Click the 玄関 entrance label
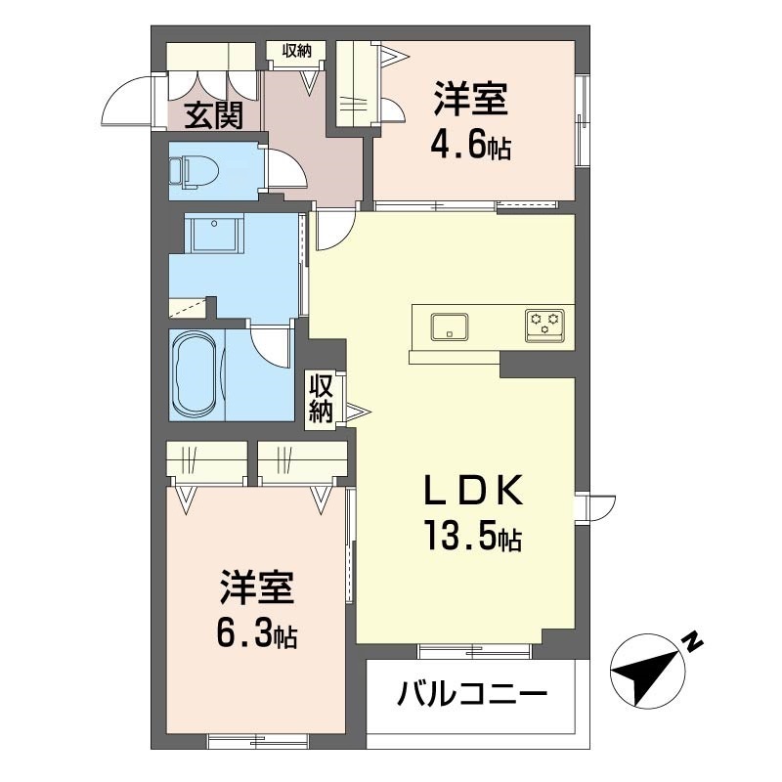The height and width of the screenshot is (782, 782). tap(214, 115)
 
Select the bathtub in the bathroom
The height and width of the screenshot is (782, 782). tap(196, 374)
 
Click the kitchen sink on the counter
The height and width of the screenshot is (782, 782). tap(450, 327)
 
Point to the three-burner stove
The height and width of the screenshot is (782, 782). tap(544, 326)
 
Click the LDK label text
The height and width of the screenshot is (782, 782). tap(473, 491)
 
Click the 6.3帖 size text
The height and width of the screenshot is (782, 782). tap(256, 633)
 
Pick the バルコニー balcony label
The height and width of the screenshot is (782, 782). tap(472, 693)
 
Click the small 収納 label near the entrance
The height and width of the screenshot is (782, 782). tap(297, 51)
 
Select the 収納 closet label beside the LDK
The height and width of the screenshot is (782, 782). tap(321, 399)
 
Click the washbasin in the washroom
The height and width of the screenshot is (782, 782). tap(214, 233)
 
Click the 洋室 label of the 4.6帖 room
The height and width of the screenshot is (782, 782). tap(470, 99)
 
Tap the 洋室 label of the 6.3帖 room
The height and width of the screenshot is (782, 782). tap(256, 587)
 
